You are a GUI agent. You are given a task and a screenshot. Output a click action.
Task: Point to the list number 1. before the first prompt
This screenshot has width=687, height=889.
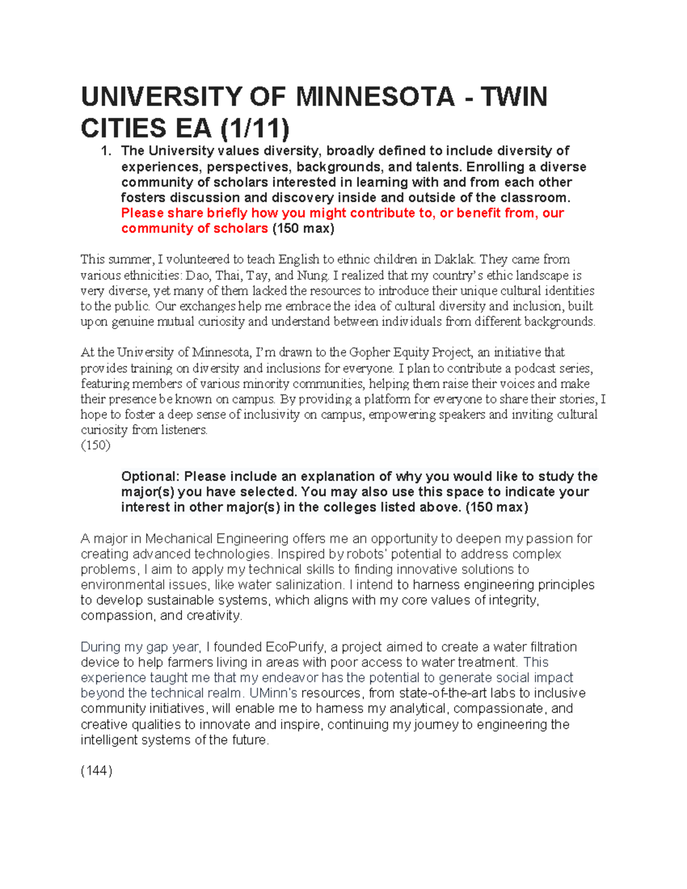click(105, 151)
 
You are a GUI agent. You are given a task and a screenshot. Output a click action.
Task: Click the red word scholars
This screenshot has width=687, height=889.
click(240, 228)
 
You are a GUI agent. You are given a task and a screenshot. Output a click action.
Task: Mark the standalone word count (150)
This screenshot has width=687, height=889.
click(95, 445)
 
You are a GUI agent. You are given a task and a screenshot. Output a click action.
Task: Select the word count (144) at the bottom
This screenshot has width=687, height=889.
click(96, 771)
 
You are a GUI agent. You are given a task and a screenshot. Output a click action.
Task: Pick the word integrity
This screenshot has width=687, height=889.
click(515, 600)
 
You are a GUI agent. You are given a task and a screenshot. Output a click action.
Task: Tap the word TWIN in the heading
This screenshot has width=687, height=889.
click(514, 96)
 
